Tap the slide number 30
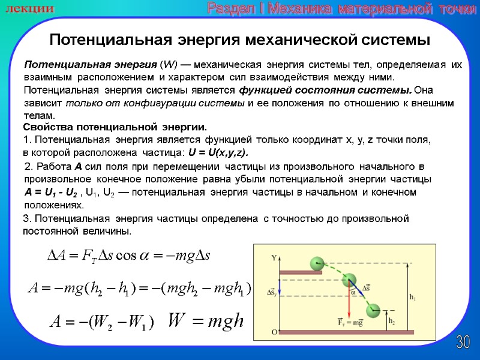click(463, 343)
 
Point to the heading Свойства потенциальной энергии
click(114, 127)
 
